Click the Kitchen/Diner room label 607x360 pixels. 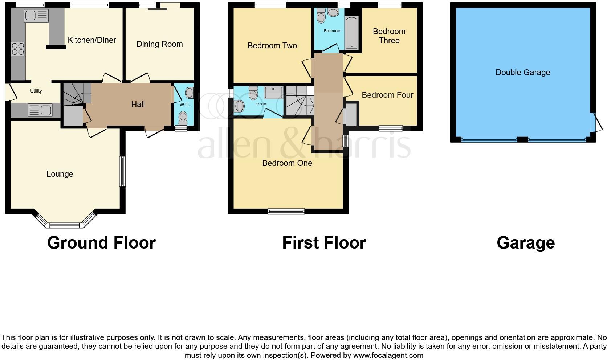(92, 40)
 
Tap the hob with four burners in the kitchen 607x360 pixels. (18, 49)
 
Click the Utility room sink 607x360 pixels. (40, 110)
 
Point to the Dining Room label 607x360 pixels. (159, 44)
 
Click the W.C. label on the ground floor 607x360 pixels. (184, 105)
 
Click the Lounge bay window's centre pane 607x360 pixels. (64, 225)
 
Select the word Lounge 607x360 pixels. (60, 174)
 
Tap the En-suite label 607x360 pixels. (261, 104)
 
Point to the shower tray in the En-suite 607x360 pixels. (273, 93)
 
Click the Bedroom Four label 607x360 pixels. (387, 95)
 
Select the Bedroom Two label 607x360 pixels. (272, 46)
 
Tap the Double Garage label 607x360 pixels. (522, 73)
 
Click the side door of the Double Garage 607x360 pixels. (598, 122)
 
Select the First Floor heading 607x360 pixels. (324, 243)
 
